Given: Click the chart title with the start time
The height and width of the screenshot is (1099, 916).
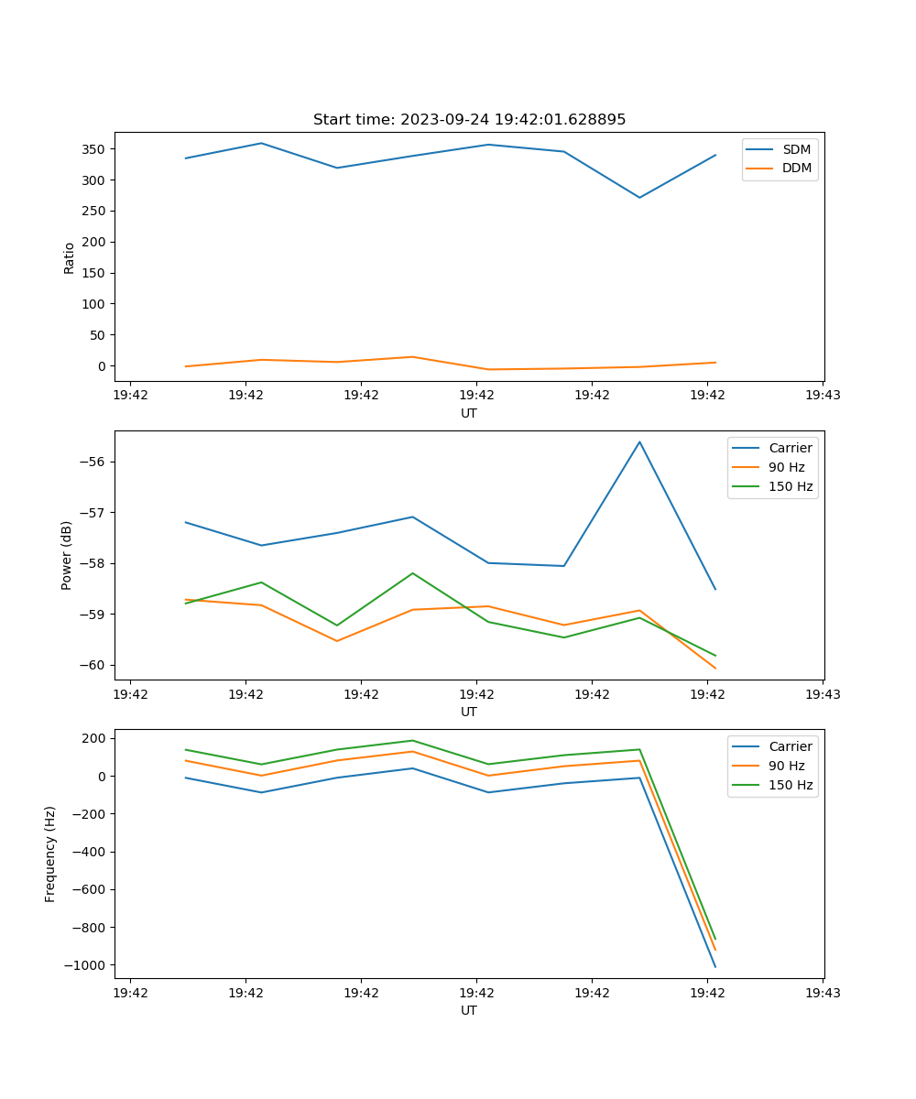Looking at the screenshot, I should [469, 120].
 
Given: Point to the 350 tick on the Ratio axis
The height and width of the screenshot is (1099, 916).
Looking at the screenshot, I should [94, 149].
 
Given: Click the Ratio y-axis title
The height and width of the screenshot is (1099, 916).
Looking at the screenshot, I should [69, 258].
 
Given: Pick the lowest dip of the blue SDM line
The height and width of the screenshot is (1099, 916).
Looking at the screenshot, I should [639, 198].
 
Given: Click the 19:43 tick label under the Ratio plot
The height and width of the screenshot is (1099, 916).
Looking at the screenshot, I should [823, 396].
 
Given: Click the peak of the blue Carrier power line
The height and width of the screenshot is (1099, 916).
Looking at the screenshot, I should [639, 441].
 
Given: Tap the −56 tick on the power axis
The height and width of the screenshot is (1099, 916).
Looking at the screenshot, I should [94, 462].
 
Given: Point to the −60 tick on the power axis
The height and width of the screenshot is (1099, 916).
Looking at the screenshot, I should [94, 665].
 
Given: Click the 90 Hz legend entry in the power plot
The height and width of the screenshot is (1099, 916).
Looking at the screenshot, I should [787, 467].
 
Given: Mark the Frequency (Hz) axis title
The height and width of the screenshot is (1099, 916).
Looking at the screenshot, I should [51, 854].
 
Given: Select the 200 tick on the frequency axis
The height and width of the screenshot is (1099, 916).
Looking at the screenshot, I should [97, 738].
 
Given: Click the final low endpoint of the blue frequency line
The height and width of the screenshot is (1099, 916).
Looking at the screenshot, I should [715, 966].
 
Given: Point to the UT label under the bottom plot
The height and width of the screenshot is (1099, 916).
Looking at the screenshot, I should [469, 1010].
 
